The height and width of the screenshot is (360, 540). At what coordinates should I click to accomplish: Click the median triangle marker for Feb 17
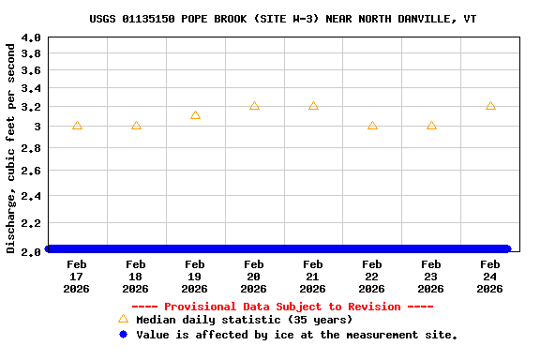[x=77, y=126]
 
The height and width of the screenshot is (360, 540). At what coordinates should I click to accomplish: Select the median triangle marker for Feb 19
[x=195, y=115]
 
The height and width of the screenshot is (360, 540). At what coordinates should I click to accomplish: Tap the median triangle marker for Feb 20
[x=254, y=106]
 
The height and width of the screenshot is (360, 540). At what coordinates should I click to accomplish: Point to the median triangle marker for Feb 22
[x=372, y=126]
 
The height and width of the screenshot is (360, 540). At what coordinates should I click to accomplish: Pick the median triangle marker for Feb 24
[x=490, y=106]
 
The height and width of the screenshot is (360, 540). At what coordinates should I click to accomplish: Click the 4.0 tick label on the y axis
[x=31, y=37]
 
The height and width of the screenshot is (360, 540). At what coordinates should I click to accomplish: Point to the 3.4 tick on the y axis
[x=31, y=89]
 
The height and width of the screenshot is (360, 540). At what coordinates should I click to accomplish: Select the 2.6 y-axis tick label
[x=31, y=171]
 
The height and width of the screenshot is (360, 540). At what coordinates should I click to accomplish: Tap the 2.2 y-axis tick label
[x=31, y=223]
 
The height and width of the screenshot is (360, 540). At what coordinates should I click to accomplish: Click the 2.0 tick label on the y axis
[x=31, y=251]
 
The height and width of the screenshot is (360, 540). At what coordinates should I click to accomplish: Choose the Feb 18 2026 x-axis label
[x=136, y=277]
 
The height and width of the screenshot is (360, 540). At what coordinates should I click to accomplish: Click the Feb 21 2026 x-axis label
[x=313, y=277]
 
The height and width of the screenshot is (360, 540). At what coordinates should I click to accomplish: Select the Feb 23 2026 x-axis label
[x=431, y=277]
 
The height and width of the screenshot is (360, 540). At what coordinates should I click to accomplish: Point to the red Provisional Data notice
[x=282, y=307]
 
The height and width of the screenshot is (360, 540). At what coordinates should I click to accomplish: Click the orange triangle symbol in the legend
[x=123, y=319]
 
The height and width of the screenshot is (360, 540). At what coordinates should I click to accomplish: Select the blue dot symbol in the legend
[x=123, y=334]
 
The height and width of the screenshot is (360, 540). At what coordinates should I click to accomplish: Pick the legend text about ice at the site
[x=296, y=335]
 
